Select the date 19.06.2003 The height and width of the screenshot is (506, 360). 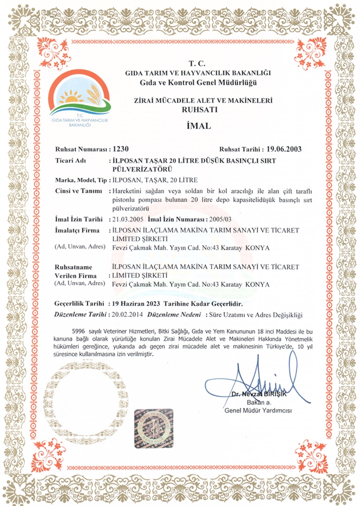coord(282,149)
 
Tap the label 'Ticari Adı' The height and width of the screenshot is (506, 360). coord(70,161)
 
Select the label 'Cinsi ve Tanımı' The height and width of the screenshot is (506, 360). coord(78,191)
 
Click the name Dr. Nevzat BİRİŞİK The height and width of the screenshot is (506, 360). coord(260,393)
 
